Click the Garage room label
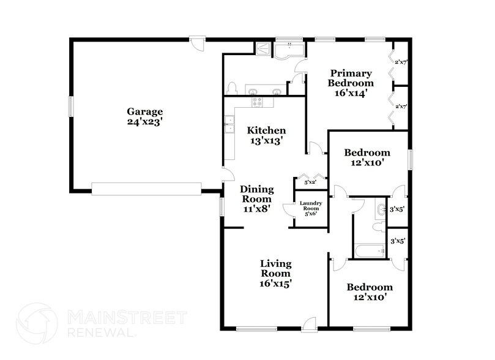[x=144, y=111]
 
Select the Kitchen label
[x=266, y=130]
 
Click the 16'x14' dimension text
[x=351, y=93]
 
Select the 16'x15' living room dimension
[x=274, y=283]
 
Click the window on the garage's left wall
[x=71, y=108]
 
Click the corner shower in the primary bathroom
[x=262, y=48]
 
